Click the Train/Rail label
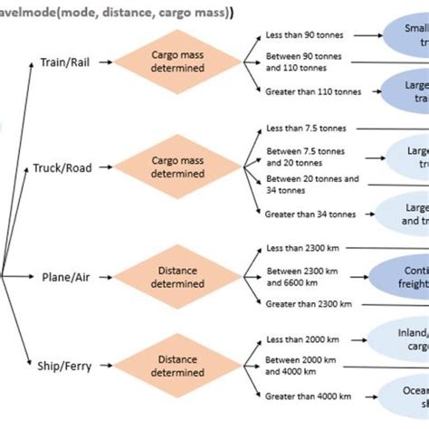[64, 63]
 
